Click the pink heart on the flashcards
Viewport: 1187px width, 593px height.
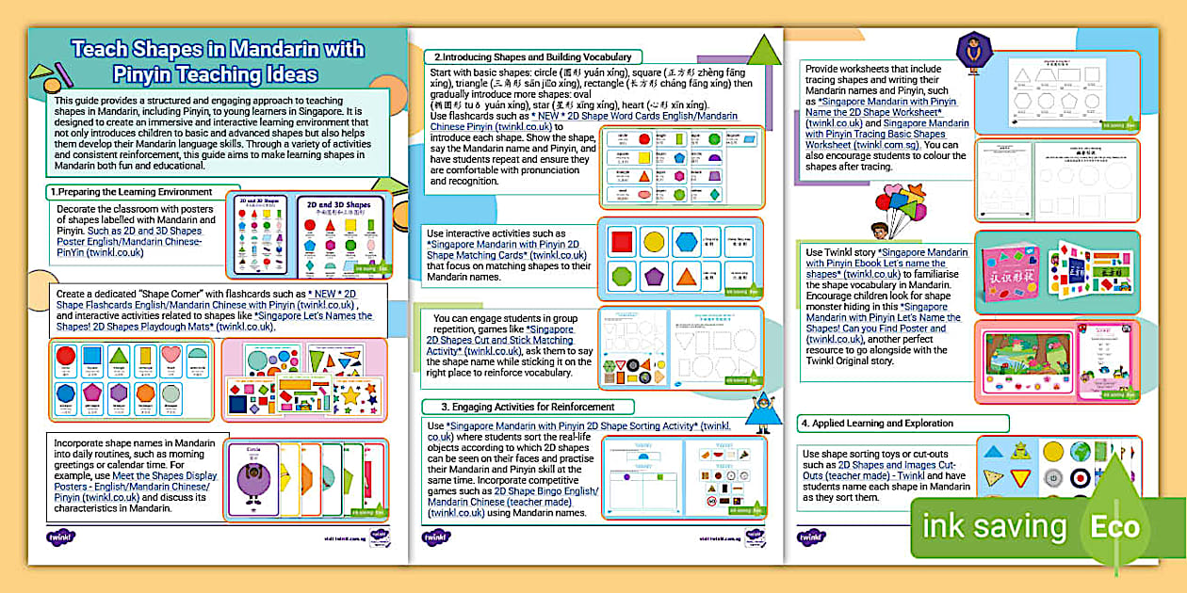point(171,356)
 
